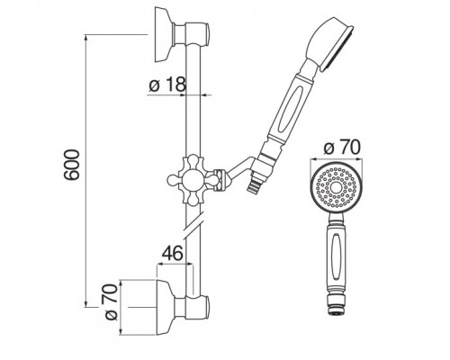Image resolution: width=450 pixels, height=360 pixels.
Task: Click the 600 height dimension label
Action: point(72,165)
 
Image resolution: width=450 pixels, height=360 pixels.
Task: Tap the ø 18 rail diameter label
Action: point(167,85)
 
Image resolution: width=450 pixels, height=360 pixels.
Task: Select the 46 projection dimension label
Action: point(173,253)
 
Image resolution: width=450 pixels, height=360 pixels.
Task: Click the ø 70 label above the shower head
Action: point(342,148)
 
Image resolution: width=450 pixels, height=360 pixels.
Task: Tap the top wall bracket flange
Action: point(164,34)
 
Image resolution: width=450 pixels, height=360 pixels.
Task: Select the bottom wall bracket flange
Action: point(166,308)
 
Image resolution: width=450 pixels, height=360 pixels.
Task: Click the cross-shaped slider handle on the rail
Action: point(193,180)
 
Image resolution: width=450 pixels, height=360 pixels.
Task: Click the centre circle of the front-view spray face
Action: point(336,188)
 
